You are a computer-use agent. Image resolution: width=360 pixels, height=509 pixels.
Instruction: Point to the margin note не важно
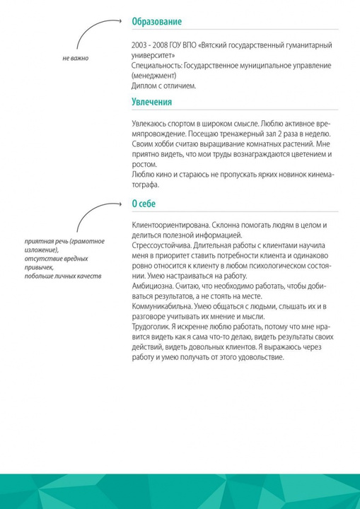76,57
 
